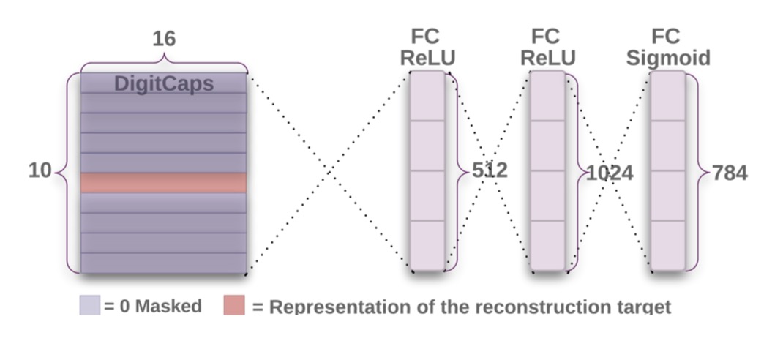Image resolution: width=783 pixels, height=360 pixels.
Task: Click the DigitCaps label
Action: tap(163, 83)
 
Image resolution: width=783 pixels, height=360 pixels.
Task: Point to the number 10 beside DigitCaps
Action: tap(40, 171)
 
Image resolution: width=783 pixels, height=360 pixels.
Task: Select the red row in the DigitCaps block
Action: tap(163, 183)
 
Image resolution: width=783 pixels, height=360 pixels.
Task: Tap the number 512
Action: tap(488, 170)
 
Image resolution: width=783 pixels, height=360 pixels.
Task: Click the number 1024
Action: tap(610, 173)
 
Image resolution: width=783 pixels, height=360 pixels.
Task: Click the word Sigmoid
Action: tap(668, 58)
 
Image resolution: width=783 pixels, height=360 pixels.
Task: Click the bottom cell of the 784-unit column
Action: tap(668, 245)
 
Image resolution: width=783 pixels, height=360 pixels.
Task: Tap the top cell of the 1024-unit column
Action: tap(548, 96)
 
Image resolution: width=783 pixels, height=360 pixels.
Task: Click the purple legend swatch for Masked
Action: tap(89, 305)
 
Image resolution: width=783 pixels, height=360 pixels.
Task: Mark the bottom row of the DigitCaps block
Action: tap(163, 263)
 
